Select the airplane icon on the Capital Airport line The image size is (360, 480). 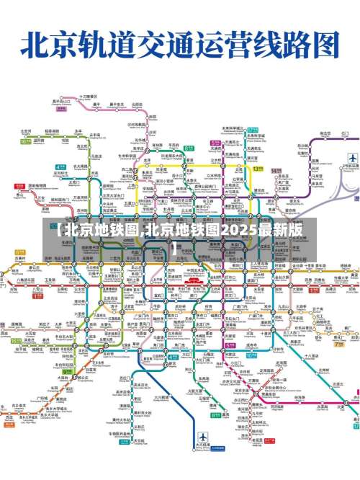352,158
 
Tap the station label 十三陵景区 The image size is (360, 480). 88,96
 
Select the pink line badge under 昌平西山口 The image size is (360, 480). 60,109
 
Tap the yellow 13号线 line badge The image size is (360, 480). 257,169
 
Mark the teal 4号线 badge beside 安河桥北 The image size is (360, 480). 60,167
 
